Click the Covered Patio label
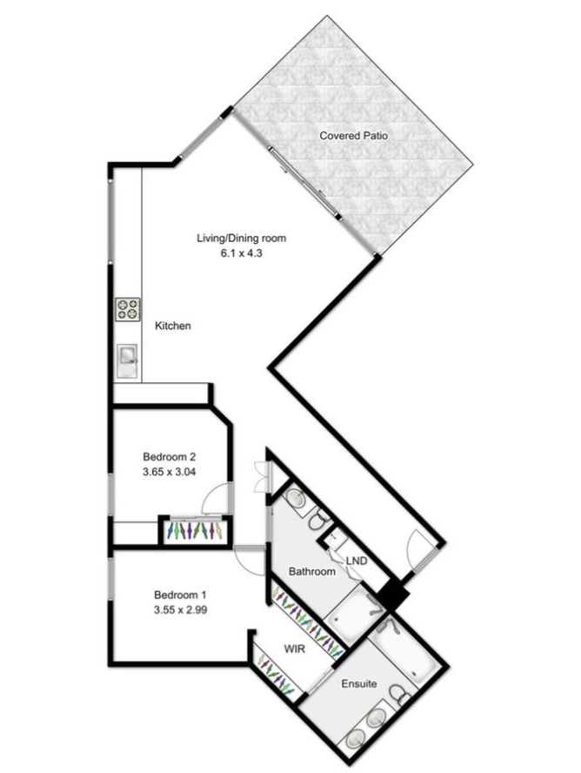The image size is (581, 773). pos(353,136)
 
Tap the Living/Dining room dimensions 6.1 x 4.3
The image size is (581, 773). pos(241,253)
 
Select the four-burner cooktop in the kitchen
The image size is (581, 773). pos(129,310)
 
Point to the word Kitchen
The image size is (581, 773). pos(173,326)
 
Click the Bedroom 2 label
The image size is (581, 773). pos(170,456)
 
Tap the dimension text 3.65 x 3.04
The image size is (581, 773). pos(170,472)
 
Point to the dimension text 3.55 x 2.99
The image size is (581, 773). pos(180,610)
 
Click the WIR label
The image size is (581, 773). pos(295,649)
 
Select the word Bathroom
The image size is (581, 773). pos(312,571)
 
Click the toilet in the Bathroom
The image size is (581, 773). pos(319,520)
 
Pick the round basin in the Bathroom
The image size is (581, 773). pos(297,498)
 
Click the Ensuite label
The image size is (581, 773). pos(359,683)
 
